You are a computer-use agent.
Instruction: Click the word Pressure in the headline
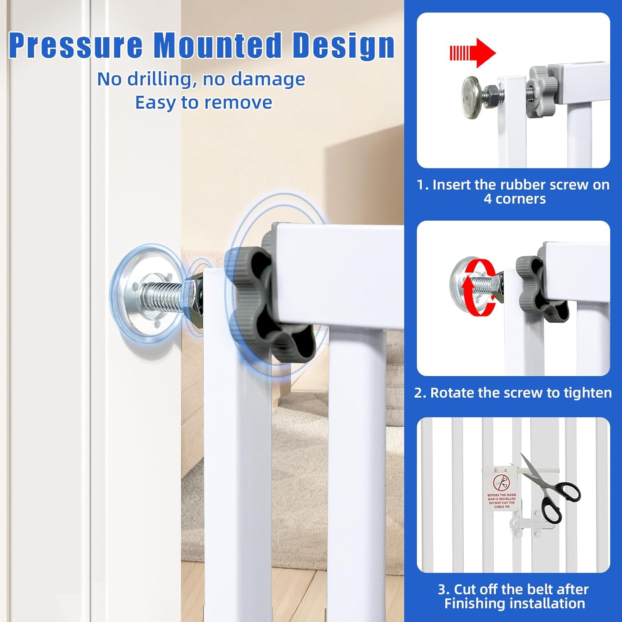point(76,45)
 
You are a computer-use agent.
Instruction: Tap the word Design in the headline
point(344,45)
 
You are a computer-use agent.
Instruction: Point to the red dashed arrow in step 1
point(473,53)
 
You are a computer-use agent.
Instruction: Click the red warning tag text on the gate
point(502,501)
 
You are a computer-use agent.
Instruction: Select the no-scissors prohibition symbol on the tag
point(501,483)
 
